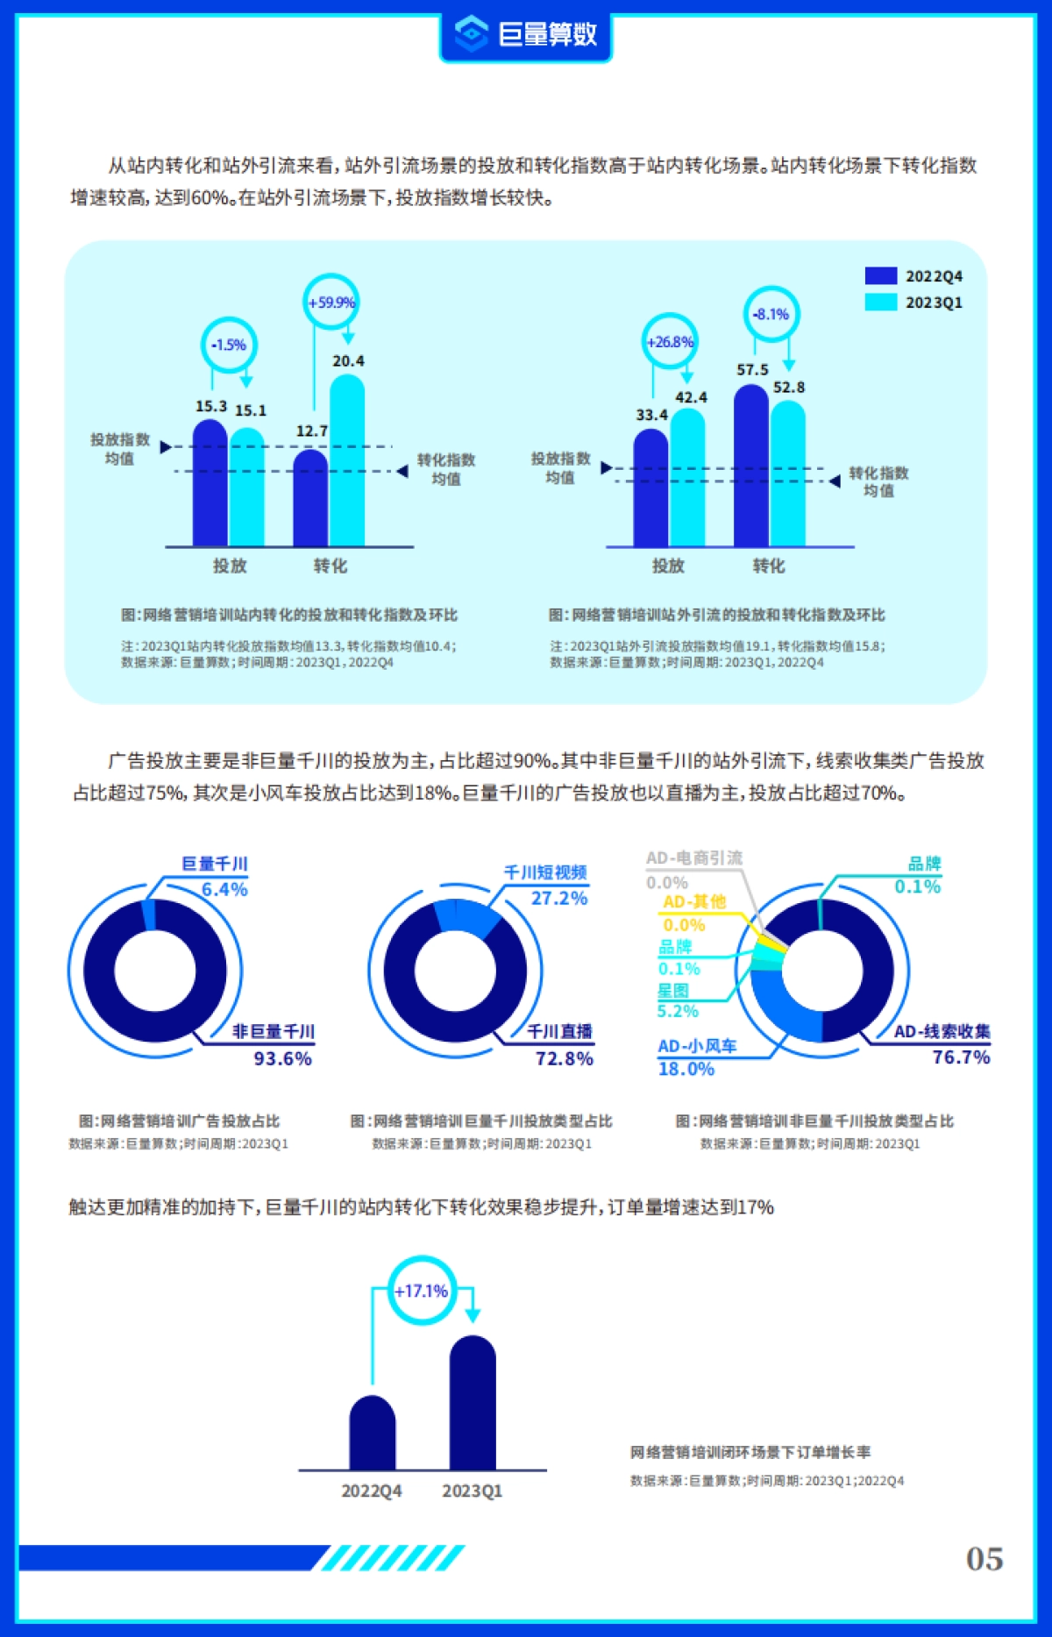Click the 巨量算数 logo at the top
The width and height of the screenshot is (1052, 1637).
pyautogui.click(x=526, y=34)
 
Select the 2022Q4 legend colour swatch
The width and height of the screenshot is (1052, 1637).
pyautogui.click(x=880, y=275)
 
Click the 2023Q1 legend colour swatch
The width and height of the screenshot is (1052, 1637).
pyautogui.click(x=880, y=302)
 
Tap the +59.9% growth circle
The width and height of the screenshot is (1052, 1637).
pyautogui.click(x=331, y=302)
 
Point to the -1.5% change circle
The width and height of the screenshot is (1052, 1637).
pyautogui.click(x=229, y=345)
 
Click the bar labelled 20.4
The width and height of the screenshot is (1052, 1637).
pyautogui.click(x=347, y=460)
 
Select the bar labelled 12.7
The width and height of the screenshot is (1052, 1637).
pyautogui.click(x=310, y=498)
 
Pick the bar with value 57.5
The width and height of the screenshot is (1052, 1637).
pyautogui.click(x=751, y=466)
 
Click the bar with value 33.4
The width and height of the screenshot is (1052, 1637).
pyautogui.click(x=650, y=488)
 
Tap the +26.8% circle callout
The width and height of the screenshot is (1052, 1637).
pyautogui.click(x=670, y=342)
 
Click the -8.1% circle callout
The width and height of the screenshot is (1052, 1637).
pyautogui.click(x=771, y=314)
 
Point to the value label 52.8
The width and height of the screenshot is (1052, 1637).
pyautogui.click(x=789, y=387)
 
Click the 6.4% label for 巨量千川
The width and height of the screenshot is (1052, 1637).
pyautogui.click(x=224, y=889)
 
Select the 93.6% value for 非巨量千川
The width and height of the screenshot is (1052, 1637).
pyautogui.click(x=282, y=1058)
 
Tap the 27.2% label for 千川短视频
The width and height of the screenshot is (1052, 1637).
pyautogui.click(x=559, y=898)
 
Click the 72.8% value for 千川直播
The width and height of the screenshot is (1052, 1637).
pyautogui.click(x=565, y=1058)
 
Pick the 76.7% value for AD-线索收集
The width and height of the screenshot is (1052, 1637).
pyautogui.click(x=961, y=1057)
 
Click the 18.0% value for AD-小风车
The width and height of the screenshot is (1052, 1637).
pyautogui.click(x=686, y=1069)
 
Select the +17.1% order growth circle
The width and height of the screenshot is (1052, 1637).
pyautogui.click(x=422, y=1291)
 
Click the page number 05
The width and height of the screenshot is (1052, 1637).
pyautogui.click(x=984, y=1558)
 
